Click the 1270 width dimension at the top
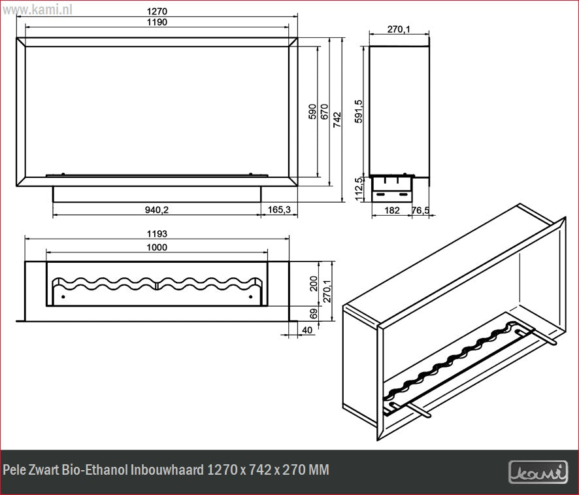(157, 12)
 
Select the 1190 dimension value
(157, 22)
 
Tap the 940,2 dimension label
(157, 209)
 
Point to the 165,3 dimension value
(279, 209)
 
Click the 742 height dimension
(337, 119)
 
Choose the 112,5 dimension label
(358, 189)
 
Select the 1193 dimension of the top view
(157, 234)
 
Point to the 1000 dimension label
(157, 247)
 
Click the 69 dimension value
(313, 314)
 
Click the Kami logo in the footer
(538, 471)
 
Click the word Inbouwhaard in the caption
(167, 470)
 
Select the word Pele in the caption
(13, 470)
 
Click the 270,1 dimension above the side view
(399, 29)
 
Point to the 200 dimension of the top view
(314, 284)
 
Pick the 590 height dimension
(312, 111)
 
